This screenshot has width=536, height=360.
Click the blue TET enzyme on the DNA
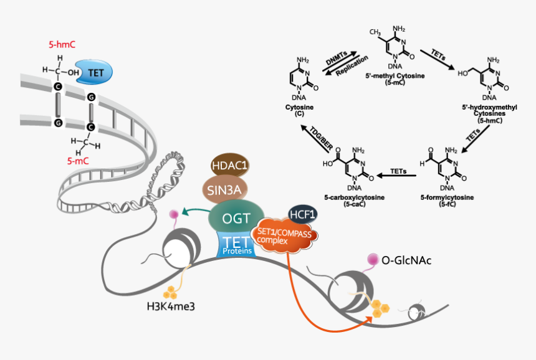click(x=95, y=72)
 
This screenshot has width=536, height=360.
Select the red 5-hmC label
click(x=62, y=45)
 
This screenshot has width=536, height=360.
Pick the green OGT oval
click(x=237, y=217)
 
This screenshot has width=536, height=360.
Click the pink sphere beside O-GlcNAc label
click(x=373, y=258)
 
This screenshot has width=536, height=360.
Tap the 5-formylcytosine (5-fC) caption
click(x=447, y=201)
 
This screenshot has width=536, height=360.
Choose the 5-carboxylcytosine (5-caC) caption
click(x=354, y=201)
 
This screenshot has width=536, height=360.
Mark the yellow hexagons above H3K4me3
click(x=170, y=291)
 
